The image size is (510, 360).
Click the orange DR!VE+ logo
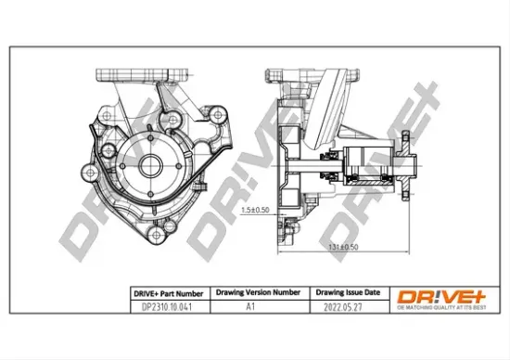[437, 295]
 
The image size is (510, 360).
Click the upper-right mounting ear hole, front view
[218, 115]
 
